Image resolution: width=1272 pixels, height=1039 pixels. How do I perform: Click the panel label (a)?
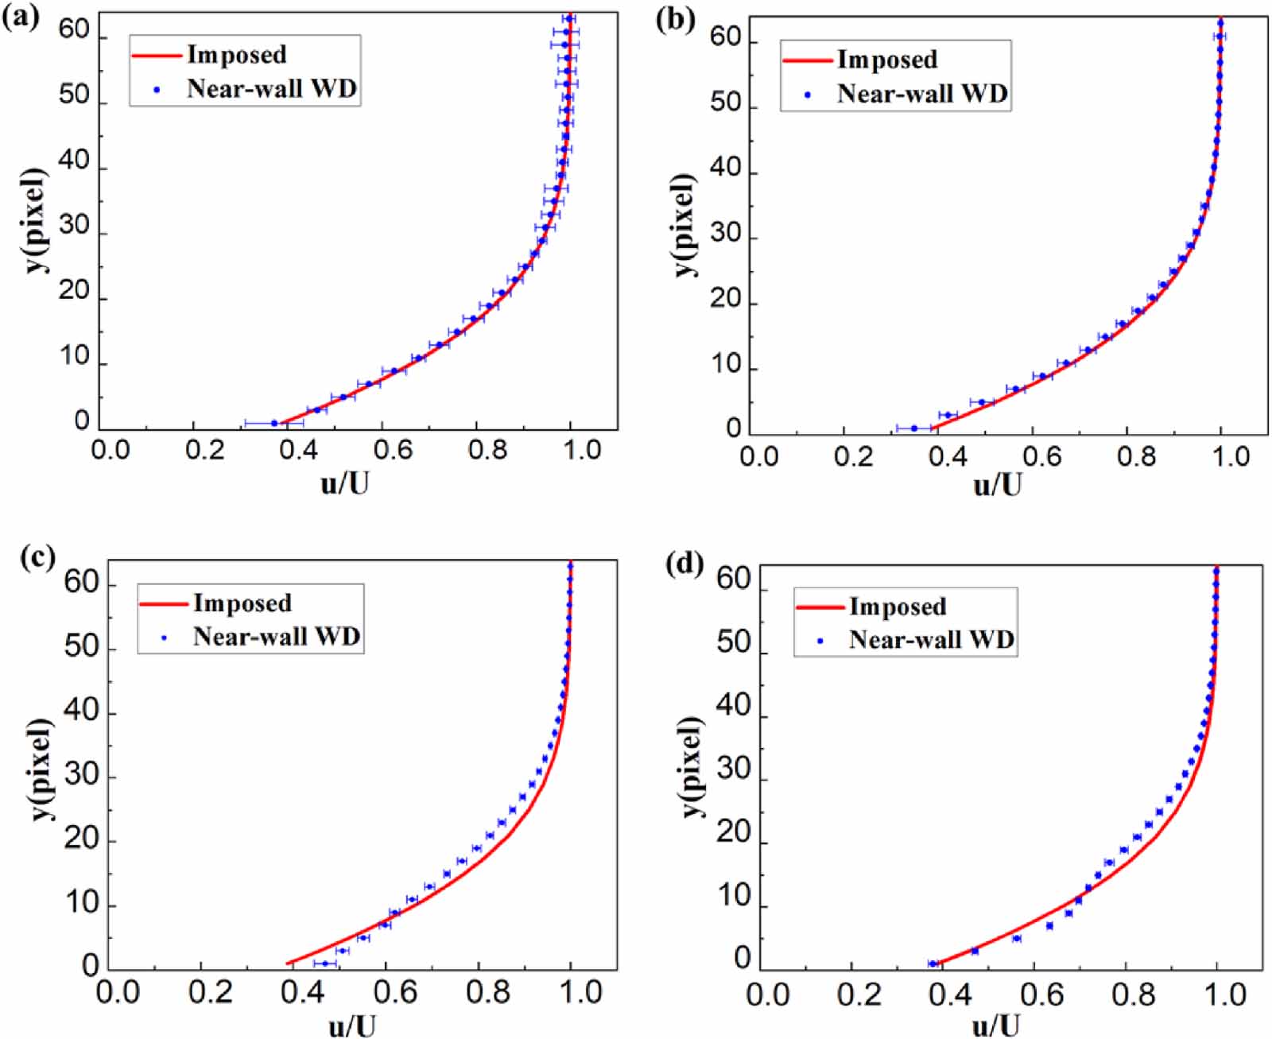pyautogui.click(x=20, y=17)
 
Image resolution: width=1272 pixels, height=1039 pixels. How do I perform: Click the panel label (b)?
pyautogui.click(x=675, y=19)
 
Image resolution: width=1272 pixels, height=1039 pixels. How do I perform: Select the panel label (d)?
pyautogui.click(x=686, y=564)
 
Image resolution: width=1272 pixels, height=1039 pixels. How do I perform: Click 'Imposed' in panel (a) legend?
pyautogui.click(x=237, y=54)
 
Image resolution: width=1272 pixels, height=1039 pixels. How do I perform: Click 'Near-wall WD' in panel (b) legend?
pyautogui.click(x=922, y=94)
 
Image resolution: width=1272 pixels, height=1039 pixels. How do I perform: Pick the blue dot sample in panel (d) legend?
pyautogui.click(x=820, y=641)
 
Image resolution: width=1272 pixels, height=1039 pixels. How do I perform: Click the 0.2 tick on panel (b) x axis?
pyautogui.click(x=854, y=457)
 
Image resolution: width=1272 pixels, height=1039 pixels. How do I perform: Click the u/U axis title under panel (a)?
pyautogui.click(x=344, y=482)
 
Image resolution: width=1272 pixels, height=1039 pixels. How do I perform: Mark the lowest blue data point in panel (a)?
pyautogui.click(x=274, y=423)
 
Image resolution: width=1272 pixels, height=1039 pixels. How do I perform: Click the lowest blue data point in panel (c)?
pyautogui.click(x=324, y=963)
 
